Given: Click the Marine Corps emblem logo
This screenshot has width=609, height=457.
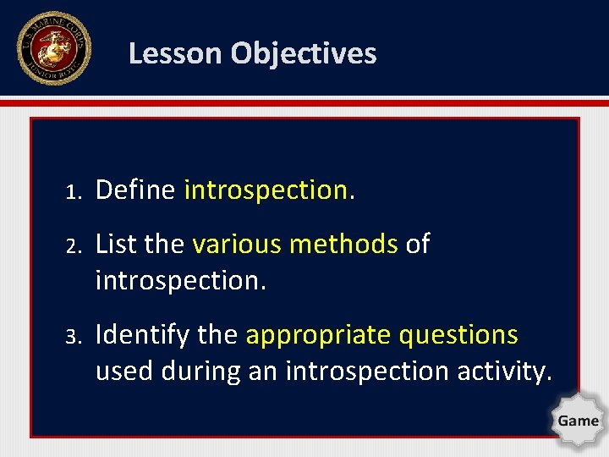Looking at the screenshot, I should (x=54, y=48).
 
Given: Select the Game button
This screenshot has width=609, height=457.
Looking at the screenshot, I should (x=578, y=420).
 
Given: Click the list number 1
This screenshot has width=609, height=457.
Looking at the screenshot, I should (x=74, y=191).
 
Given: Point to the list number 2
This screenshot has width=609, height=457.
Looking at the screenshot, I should (x=74, y=245).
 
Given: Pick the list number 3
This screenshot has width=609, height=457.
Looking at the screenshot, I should (x=74, y=336).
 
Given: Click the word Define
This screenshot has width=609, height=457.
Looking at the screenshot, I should (x=134, y=190).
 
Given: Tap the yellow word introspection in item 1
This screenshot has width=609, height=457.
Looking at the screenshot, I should (x=265, y=190).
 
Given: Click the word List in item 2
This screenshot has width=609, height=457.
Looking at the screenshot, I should (x=115, y=244).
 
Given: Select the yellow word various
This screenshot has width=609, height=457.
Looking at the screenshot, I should (x=237, y=244).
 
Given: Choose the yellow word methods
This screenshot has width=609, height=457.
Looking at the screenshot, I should (x=343, y=244).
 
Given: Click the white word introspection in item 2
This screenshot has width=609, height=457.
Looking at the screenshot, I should (x=180, y=280).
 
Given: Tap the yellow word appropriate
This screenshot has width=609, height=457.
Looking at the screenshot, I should (x=317, y=335).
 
